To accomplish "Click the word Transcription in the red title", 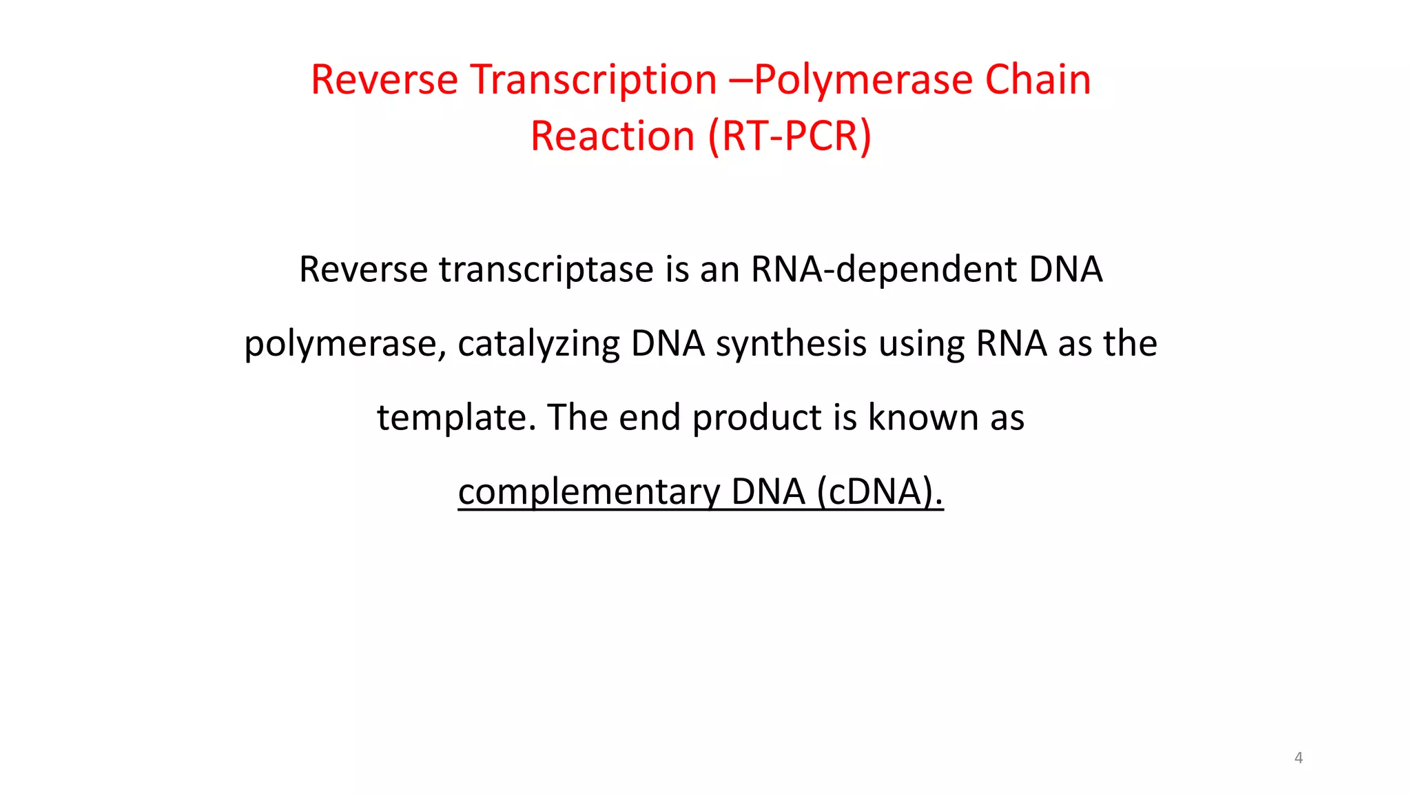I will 593,80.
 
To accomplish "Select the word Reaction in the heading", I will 612,136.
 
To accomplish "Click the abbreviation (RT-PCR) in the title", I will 790,136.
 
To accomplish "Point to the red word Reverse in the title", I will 384,80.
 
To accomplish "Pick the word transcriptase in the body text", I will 546,269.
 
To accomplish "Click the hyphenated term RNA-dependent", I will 883,269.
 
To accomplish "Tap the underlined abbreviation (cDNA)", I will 880,492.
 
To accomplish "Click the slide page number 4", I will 1298,758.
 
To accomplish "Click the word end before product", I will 650,418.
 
